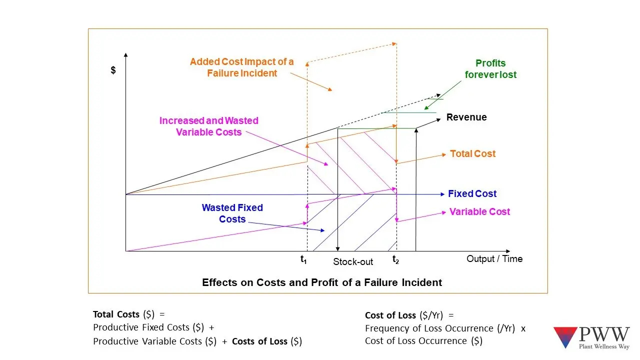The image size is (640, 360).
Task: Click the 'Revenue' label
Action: [x=466, y=117]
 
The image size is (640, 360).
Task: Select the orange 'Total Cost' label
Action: [x=472, y=154]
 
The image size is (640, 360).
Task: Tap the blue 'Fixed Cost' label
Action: [x=472, y=194]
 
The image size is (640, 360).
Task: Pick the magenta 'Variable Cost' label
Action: [x=479, y=212]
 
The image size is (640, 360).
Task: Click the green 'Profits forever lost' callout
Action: [x=490, y=69]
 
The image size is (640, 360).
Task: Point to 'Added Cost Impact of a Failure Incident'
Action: [x=242, y=67]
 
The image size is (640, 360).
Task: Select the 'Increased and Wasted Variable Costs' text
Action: [x=209, y=126]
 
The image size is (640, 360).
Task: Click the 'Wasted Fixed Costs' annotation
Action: [x=232, y=213]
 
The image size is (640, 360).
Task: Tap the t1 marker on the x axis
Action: [x=303, y=259]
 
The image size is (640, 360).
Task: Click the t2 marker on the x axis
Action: [x=395, y=259]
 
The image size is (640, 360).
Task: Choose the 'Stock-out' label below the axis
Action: [x=353, y=262]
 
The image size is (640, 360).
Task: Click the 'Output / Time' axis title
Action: [x=494, y=259]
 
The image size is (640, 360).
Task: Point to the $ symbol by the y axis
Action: [x=113, y=70]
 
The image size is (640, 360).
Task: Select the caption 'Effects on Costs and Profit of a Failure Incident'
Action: [x=322, y=282]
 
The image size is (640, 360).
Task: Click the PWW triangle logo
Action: [x=565, y=337]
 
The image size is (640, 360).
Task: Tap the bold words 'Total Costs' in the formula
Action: [x=116, y=314]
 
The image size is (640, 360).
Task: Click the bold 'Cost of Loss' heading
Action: [x=390, y=315]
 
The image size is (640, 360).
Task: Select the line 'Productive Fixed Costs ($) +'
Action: [x=153, y=327]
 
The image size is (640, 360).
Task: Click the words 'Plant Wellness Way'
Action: [x=604, y=346]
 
